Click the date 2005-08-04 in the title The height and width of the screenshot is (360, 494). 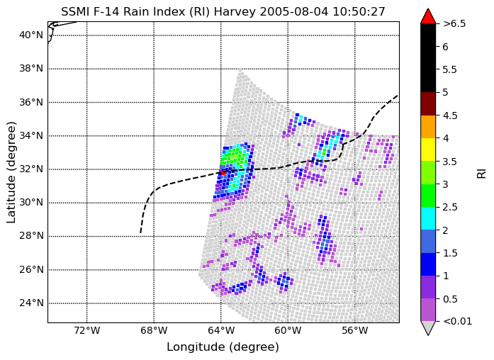293,11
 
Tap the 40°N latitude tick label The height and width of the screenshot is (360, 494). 31,35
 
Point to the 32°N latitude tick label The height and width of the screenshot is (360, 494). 31,169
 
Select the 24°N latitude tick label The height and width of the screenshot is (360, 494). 31,303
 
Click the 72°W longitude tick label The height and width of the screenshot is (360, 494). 87,330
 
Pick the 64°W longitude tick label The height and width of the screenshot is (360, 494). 221,330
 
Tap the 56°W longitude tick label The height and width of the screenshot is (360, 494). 355,330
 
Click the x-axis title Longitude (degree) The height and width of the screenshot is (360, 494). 223,347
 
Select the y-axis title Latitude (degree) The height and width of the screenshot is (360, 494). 11,172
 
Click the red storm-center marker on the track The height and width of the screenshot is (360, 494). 223,172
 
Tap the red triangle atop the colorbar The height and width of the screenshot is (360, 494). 428,16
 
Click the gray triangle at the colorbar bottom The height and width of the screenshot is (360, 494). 428,327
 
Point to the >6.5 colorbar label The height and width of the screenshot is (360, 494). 454,23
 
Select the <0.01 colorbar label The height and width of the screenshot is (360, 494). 457,321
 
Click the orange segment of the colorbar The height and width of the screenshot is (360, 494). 428,127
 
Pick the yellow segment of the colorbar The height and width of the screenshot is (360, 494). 428,150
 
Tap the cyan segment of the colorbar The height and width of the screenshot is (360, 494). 428,218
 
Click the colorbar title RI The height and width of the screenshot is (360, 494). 481,174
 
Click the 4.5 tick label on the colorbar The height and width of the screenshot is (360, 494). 450,116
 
